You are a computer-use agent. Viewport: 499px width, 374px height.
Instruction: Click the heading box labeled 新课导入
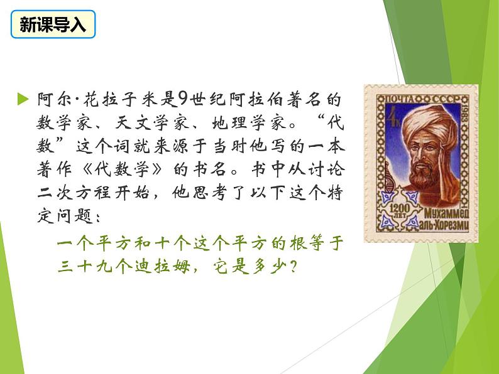(53, 25)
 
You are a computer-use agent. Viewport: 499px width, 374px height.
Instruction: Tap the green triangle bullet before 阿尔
(23, 99)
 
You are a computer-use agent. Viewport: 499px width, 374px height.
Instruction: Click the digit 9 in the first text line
(183, 99)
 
